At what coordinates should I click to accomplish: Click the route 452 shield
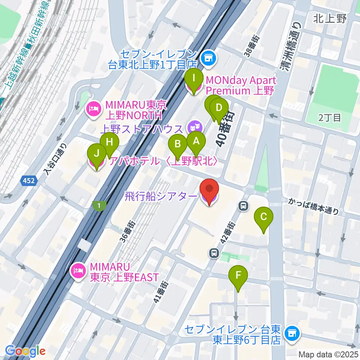click(30, 181)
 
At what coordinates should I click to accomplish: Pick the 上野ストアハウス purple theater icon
click(194, 126)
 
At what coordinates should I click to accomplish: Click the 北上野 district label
click(330, 19)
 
